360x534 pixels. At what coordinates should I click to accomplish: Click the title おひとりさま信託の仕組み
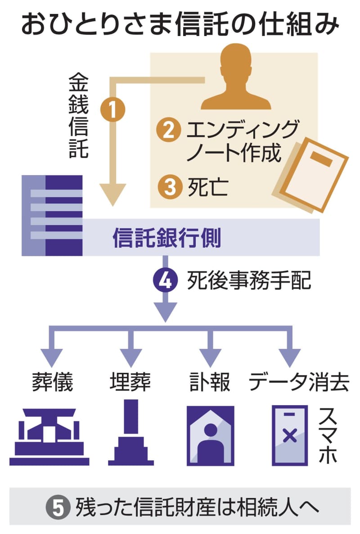[180, 25]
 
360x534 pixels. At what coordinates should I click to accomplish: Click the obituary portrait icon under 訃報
[211, 434]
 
